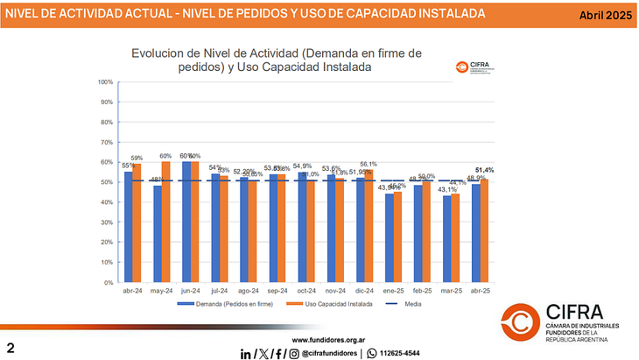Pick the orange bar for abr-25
[484, 231]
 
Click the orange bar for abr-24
[137, 223]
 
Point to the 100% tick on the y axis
[105, 82]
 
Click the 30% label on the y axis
[105, 222]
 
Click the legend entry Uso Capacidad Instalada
[339, 305]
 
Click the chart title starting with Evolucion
[276, 60]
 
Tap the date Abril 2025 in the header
[605, 15]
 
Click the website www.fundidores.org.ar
[327, 339]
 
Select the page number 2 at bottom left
[11, 348]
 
